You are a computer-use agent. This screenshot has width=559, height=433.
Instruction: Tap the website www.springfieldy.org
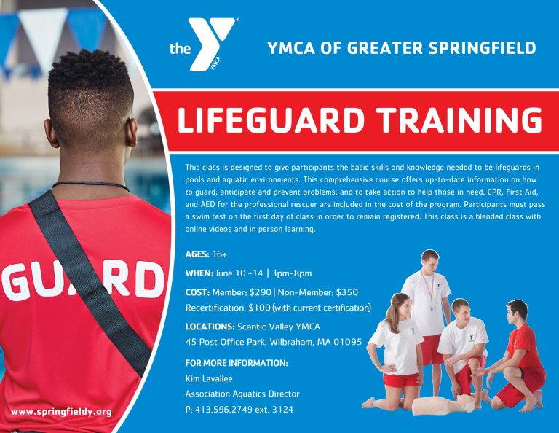tap(62, 412)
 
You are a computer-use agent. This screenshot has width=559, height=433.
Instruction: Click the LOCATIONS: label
tap(209, 326)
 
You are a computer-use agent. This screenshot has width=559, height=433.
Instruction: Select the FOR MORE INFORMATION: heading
tap(236, 362)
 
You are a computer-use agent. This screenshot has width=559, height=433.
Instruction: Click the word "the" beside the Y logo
tap(179, 50)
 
